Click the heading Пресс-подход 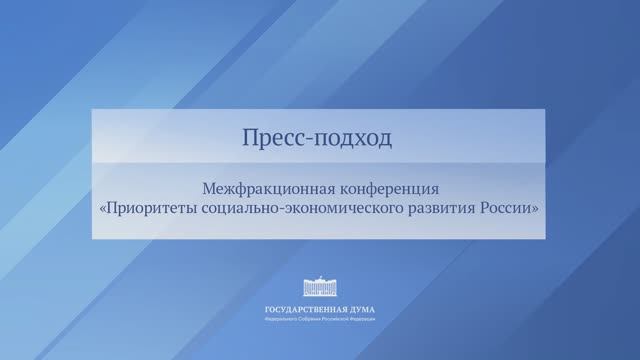coord(318,139)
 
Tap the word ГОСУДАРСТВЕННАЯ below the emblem coord(299,309)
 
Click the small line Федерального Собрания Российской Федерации coord(319,319)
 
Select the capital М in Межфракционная coord(207,188)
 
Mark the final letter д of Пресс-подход coord(386,140)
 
